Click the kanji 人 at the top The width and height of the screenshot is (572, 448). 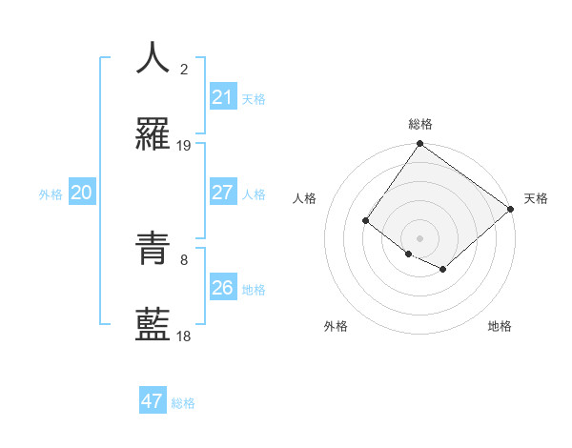click(x=153, y=58)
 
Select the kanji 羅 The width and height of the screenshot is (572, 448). click(x=153, y=136)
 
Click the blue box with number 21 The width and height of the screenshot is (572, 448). click(x=223, y=97)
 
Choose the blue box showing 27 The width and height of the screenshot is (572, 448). click(x=223, y=193)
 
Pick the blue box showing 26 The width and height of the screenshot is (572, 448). click(x=223, y=288)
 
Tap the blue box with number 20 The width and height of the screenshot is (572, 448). click(x=82, y=193)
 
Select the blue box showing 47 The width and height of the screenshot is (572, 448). click(x=153, y=401)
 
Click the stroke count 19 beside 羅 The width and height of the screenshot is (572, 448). click(x=184, y=146)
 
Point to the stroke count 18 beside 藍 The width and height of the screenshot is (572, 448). click(x=184, y=336)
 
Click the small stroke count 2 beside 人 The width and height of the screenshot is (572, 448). click(x=184, y=69)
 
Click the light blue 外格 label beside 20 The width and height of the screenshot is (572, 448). click(x=51, y=194)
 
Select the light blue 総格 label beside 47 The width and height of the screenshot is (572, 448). click(x=183, y=403)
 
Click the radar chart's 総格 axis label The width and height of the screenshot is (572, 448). click(x=420, y=124)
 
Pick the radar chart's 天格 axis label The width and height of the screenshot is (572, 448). click(x=537, y=199)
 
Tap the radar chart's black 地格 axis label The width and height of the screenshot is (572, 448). click(x=500, y=327)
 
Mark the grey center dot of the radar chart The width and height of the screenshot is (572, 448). click(x=419, y=238)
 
